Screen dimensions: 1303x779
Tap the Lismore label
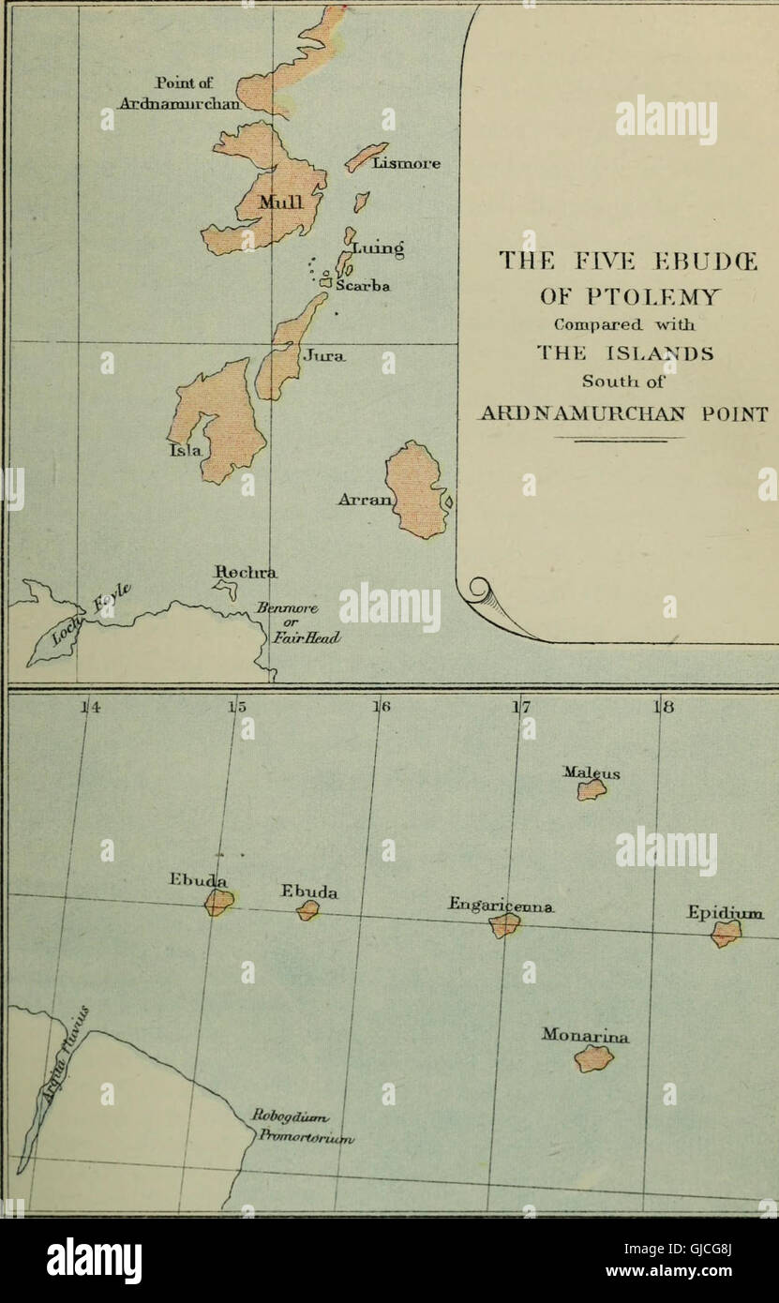406,163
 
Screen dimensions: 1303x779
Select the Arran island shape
415,489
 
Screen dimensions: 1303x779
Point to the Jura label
324,356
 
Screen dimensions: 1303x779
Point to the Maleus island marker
592,790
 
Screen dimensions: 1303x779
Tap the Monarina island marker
593,1058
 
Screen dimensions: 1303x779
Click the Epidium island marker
725,933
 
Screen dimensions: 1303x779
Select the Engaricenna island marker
504,925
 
